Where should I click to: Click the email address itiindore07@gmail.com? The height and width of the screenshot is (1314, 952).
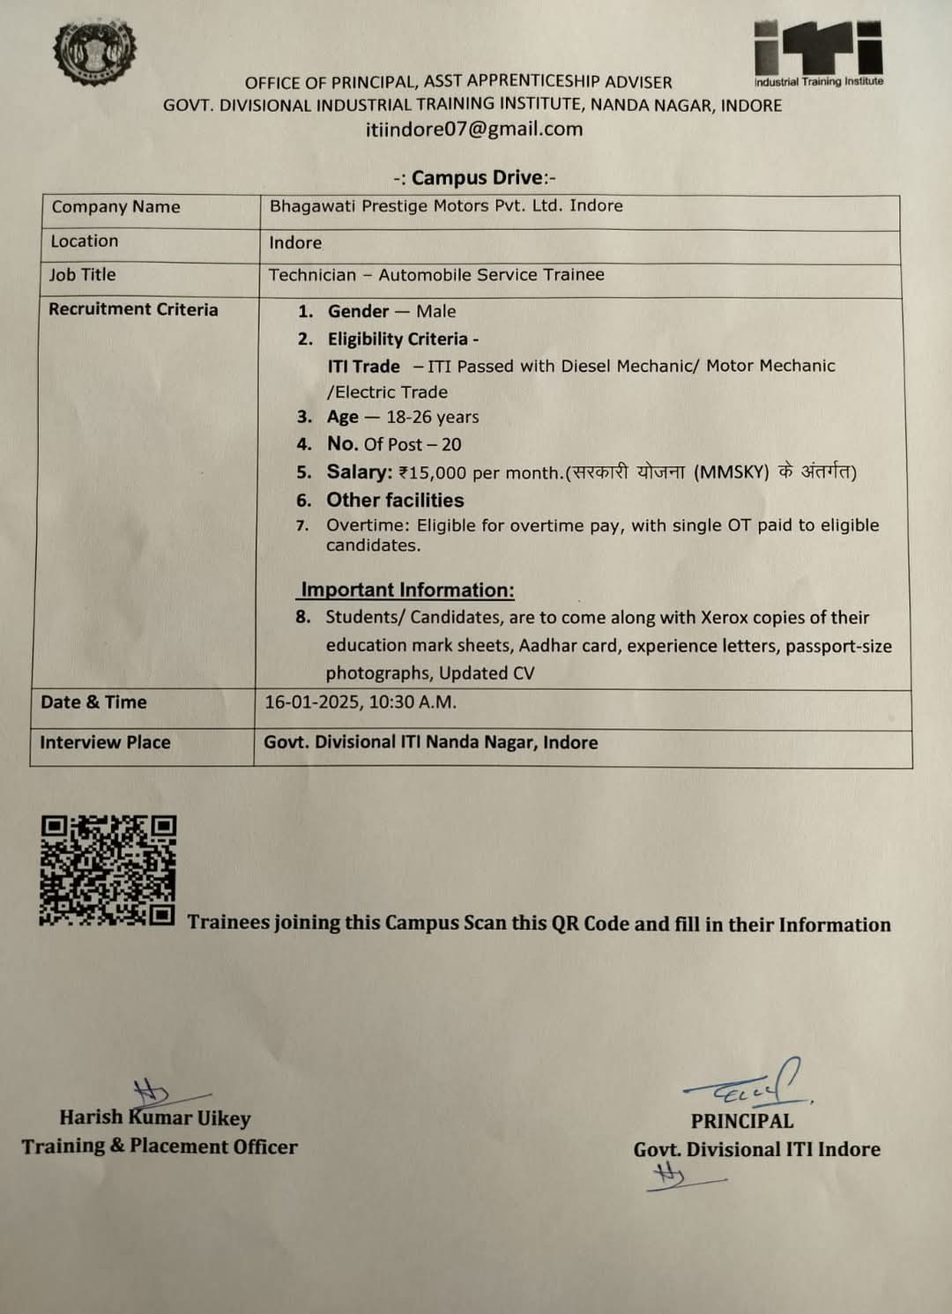pos(474,130)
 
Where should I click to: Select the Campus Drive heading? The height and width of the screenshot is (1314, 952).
pos(475,178)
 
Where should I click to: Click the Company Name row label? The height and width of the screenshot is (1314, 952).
pos(115,207)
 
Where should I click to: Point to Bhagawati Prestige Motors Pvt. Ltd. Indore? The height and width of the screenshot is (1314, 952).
pos(446,206)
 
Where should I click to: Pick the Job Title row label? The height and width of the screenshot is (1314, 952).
pos(82,275)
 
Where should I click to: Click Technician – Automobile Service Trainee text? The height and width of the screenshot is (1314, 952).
pos(436,275)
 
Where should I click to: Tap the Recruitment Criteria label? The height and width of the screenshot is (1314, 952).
pos(133,309)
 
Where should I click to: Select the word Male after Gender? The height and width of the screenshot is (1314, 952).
pos(436,311)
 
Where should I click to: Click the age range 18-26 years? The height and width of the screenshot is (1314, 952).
pos(432,417)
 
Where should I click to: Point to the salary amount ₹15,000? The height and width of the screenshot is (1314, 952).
pos(432,472)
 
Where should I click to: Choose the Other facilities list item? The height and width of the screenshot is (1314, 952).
pos(395,501)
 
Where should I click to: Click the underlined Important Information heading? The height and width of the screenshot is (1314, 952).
pos(407,590)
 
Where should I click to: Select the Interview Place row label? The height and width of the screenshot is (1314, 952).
pos(105,742)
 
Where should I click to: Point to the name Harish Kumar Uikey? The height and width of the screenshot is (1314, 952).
pos(155,1118)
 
